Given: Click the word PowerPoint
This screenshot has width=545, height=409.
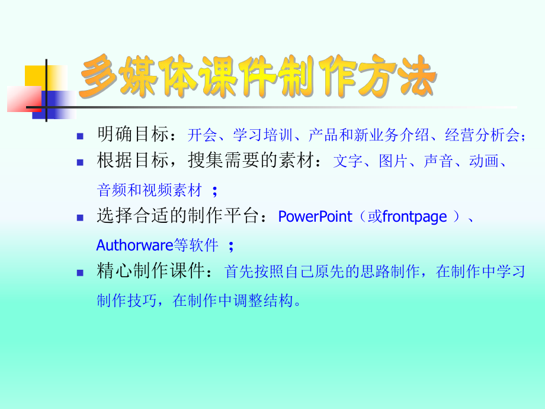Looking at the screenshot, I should pos(315,217).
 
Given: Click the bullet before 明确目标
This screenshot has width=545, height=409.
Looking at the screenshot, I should pos(81,136).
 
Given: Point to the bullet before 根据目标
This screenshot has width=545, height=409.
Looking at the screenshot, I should pos(81,161).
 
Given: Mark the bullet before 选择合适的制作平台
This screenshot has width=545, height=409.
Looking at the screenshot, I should pos(81,218).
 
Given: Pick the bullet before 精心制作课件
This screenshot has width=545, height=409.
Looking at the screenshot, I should pos(81,272).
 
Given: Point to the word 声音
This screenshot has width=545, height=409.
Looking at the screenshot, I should pos(438,161).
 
